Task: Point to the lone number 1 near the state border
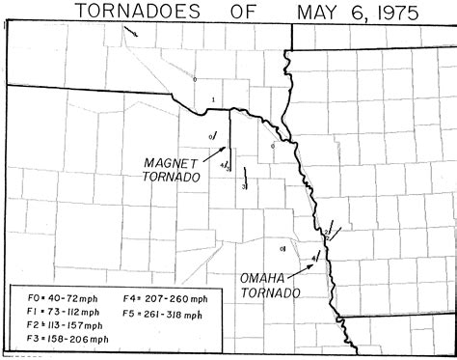click(x=212, y=99)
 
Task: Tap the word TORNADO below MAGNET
click(x=171, y=179)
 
